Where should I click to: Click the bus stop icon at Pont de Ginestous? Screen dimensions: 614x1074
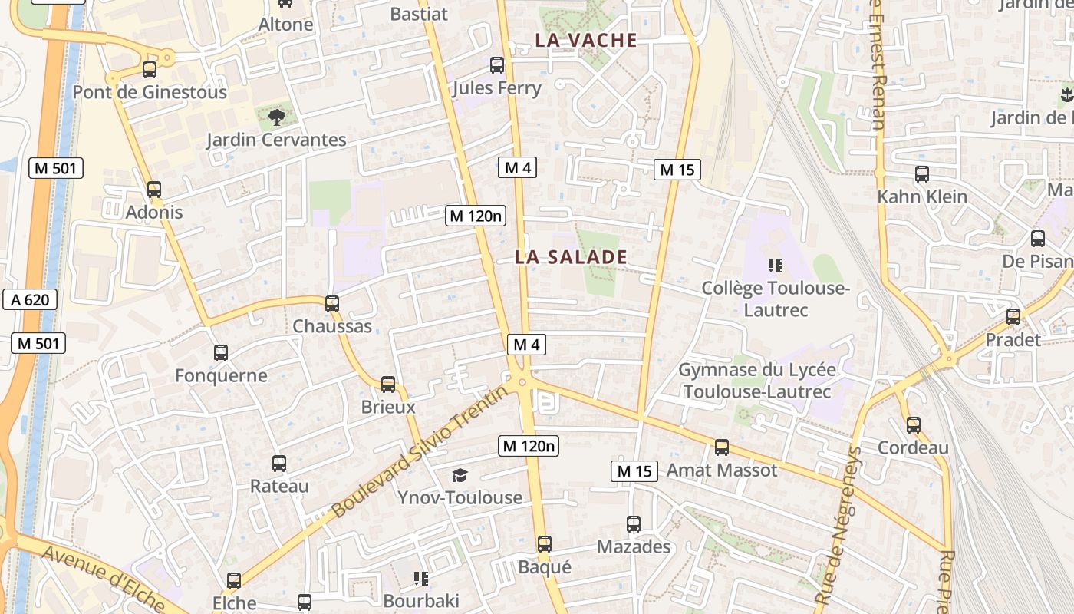(150, 70)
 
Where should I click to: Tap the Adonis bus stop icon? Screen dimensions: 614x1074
(154, 190)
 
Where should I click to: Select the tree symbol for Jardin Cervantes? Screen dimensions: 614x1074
(277, 117)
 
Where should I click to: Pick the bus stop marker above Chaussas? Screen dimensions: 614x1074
(332, 304)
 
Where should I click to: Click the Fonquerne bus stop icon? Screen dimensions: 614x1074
(221, 353)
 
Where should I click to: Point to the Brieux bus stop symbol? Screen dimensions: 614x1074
(388, 385)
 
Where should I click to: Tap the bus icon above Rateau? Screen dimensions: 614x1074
(279, 464)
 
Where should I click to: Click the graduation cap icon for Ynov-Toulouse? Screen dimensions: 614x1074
(460, 476)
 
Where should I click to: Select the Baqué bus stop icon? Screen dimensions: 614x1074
(545, 544)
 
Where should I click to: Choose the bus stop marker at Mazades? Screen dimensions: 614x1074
(634, 524)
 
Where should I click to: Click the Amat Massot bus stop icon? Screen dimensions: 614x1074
(722, 447)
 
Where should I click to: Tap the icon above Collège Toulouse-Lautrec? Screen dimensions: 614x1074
(776, 266)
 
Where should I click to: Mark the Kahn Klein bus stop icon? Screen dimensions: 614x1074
(922, 174)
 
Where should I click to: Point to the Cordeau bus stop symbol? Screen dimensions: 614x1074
(914, 425)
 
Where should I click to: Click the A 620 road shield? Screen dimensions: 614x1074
(30, 299)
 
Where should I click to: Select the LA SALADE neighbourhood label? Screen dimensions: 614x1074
(571, 257)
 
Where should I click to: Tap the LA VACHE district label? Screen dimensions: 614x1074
(586, 40)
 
